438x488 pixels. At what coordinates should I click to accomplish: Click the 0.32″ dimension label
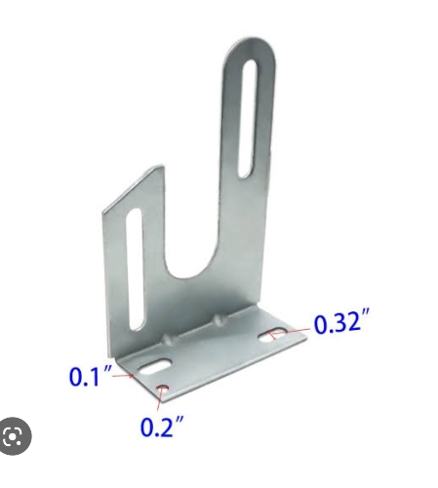click(341, 322)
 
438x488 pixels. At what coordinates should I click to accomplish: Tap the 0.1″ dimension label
click(91, 376)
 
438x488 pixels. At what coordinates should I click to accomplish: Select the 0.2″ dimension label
click(162, 426)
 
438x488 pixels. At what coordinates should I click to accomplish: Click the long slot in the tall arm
click(249, 119)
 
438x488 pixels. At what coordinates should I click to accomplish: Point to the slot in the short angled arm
click(135, 269)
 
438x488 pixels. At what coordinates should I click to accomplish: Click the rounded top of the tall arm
click(251, 49)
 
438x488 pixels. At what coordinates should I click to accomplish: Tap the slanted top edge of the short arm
click(134, 188)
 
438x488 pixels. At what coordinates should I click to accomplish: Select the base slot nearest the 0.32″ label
click(272, 336)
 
